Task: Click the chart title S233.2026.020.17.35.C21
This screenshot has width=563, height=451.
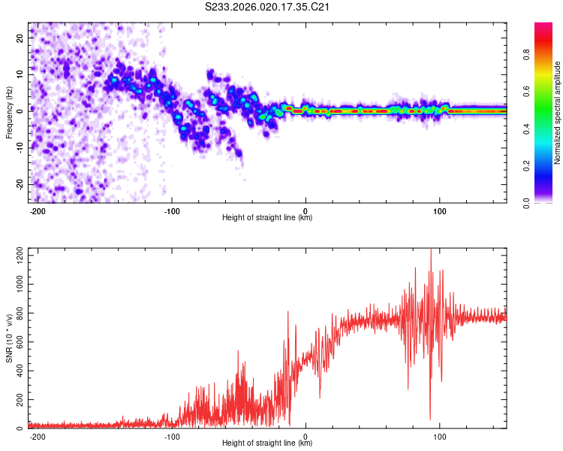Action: pyautogui.click(x=268, y=8)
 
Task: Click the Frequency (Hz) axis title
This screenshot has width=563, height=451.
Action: pyautogui.click(x=10, y=111)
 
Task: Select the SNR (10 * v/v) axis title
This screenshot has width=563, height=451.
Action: pyautogui.click(x=10, y=337)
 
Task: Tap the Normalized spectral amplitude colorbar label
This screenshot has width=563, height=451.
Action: pyautogui.click(x=558, y=113)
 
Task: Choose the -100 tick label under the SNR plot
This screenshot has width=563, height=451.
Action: pyautogui.click(x=171, y=437)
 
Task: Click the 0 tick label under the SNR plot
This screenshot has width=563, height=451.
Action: pyautogui.click(x=306, y=437)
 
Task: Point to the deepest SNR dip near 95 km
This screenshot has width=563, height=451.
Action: pyautogui.click(x=430, y=419)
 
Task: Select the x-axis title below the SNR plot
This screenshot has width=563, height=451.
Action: pyautogui.click(x=267, y=443)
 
